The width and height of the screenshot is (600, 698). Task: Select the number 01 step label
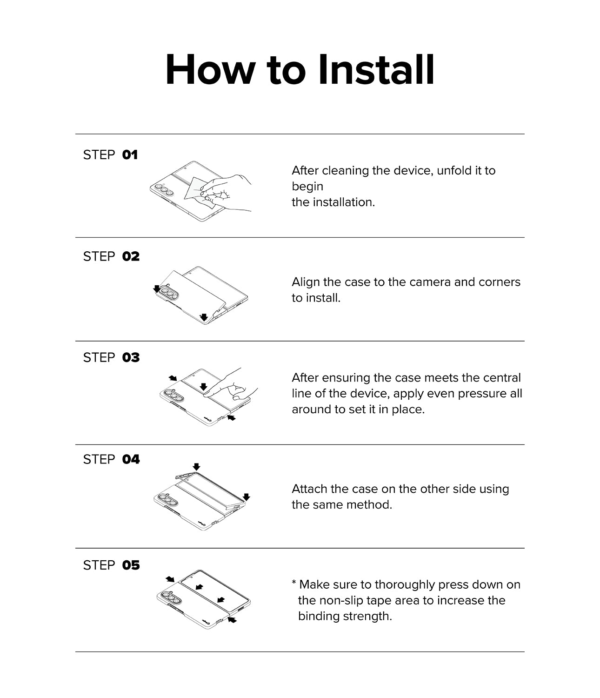130,155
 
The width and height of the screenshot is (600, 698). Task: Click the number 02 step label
131,256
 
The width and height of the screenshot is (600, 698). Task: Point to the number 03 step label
131,358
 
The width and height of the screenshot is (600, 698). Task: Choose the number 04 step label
131,460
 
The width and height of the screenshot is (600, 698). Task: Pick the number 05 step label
131,565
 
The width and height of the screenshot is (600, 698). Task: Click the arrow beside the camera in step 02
157,289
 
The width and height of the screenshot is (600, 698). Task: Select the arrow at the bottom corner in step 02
204,317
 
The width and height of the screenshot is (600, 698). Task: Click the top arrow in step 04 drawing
196,466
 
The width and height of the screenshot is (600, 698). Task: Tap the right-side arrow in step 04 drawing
247,497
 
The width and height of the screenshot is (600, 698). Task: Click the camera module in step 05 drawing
169,597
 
